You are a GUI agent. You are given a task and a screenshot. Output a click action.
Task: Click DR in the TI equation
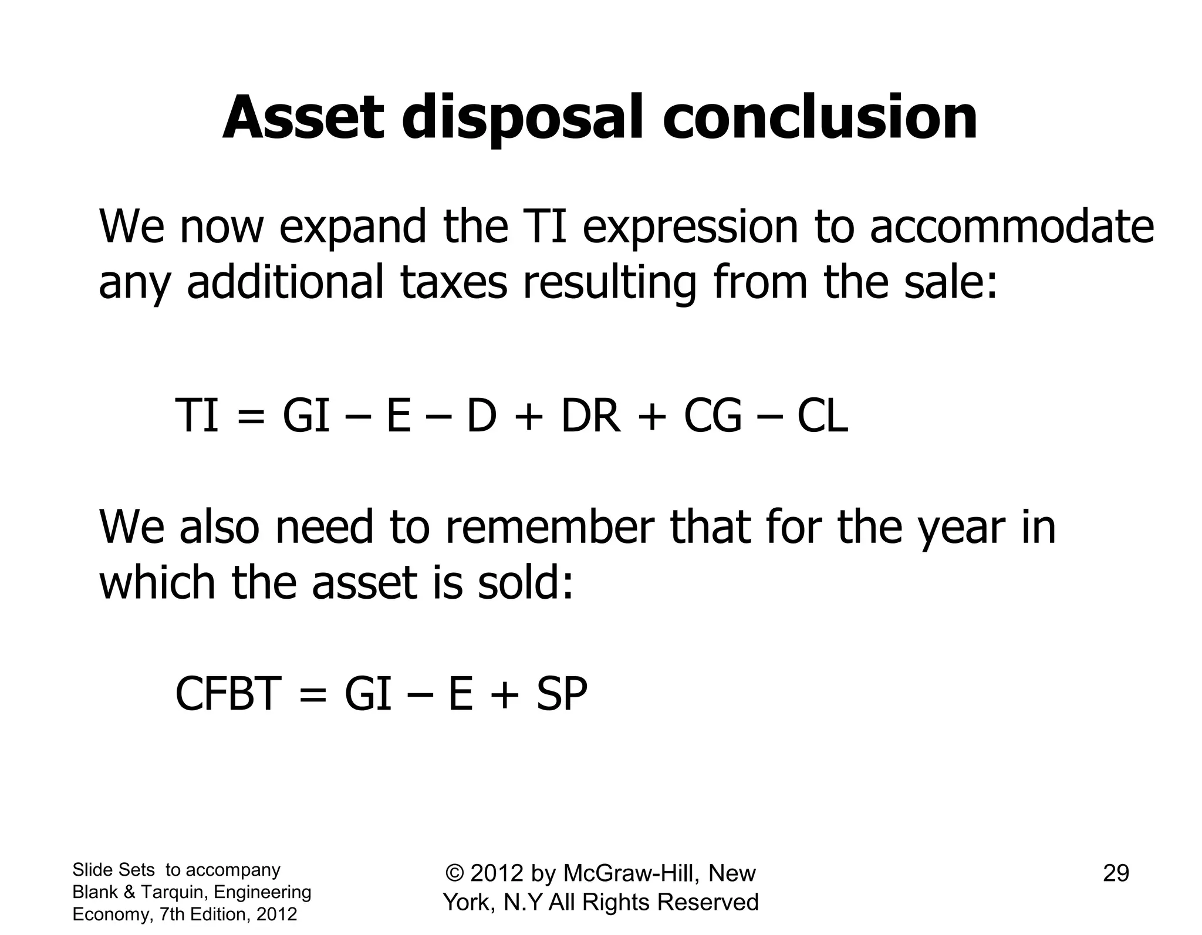click(590, 416)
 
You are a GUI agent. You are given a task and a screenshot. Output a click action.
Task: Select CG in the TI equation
click(713, 416)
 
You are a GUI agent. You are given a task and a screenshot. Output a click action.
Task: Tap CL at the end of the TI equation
click(822, 416)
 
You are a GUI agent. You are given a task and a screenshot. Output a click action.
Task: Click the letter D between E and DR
click(481, 416)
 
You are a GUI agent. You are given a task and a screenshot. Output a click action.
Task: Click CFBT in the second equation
click(225, 694)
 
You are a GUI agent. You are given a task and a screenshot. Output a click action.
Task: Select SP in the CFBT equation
click(562, 694)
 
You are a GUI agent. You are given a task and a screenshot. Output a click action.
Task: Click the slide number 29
click(1116, 873)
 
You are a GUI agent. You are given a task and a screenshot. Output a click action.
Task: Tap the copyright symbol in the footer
click(455, 873)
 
